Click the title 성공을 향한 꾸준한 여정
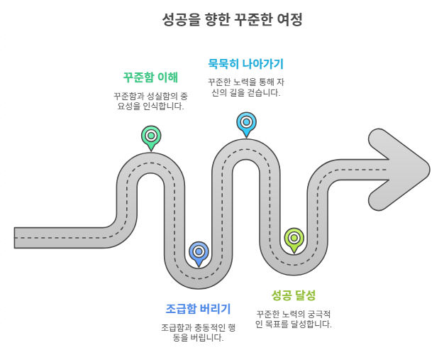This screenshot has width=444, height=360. [x=222, y=19]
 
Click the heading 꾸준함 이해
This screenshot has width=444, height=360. [x=150, y=77]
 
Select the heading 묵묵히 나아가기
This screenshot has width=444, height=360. [x=245, y=63]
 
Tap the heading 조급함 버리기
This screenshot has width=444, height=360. [x=198, y=309]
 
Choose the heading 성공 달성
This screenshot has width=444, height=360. [x=293, y=295]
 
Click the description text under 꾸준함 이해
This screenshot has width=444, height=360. [x=150, y=101]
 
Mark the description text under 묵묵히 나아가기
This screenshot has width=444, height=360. [x=245, y=87]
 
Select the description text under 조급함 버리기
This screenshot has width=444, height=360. [x=198, y=332]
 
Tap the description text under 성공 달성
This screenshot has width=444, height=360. [x=293, y=318]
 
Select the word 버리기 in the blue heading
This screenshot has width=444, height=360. [x=214, y=309]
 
